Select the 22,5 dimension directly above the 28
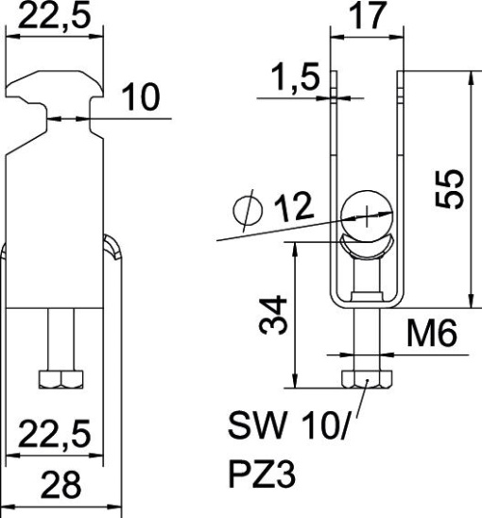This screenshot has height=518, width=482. click(x=56, y=436)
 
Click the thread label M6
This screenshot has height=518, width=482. click(x=434, y=333)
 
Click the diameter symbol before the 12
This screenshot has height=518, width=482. click(x=249, y=214)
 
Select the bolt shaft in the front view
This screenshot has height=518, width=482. click(x=58, y=340)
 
